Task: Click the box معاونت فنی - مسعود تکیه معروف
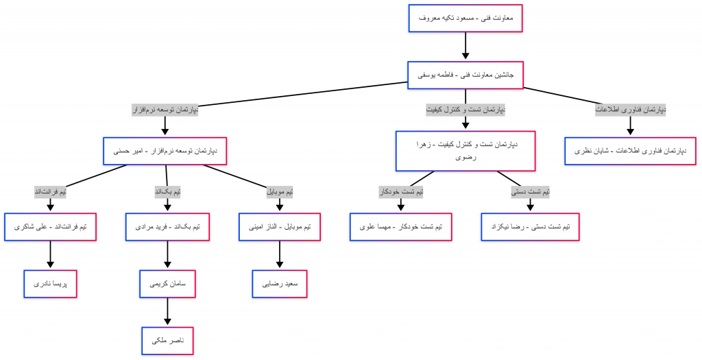[x=465, y=18]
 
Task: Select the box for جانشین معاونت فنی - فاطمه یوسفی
[x=465, y=75]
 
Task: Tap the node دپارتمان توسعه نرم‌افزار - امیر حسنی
[x=165, y=151]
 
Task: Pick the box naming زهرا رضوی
[x=465, y=151]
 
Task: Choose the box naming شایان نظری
[x=631, y=151]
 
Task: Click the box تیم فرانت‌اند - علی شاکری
[x=50, y=226]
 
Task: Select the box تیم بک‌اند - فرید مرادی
[x=167, y=226]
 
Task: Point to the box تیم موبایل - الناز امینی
[x=279, y=226]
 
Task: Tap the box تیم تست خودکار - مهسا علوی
[x=401, y=226]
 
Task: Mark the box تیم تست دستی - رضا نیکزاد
[x=531, y=226]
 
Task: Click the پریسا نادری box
[x=50, y=283]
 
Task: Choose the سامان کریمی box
[x=167, y=283]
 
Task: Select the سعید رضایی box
[x=279, y=283]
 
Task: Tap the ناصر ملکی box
[x=167, y=340]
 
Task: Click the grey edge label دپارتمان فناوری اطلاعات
[x=631, y=109]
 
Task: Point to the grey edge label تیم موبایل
[x=280, y=192]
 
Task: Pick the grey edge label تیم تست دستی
[x=531, y=192]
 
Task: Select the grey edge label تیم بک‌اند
[x=168, y=192]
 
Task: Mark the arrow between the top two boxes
[x=465, y=47]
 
